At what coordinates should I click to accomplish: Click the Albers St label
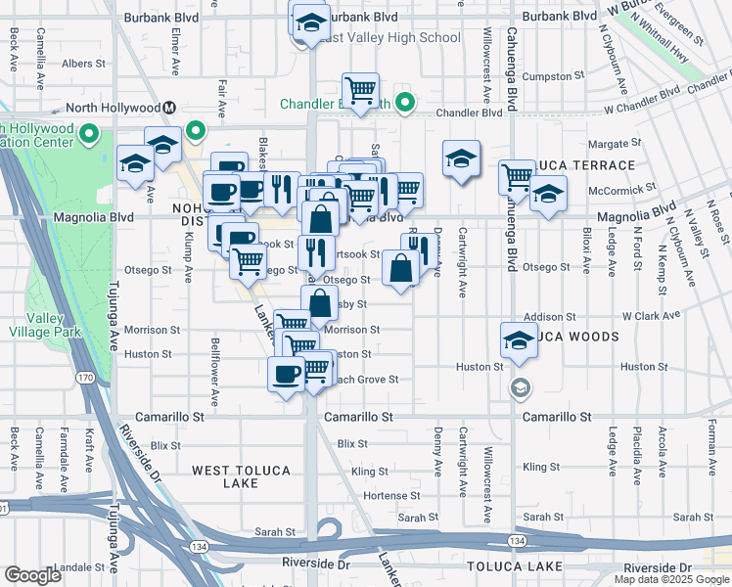point(83,64)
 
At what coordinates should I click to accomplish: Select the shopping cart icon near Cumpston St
point(361,91)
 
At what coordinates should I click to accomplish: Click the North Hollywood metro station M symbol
point(169,108)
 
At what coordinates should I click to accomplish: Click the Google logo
point(32,575)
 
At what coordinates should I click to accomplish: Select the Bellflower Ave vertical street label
point(214,372)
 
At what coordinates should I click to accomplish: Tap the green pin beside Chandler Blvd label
point(403,103)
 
